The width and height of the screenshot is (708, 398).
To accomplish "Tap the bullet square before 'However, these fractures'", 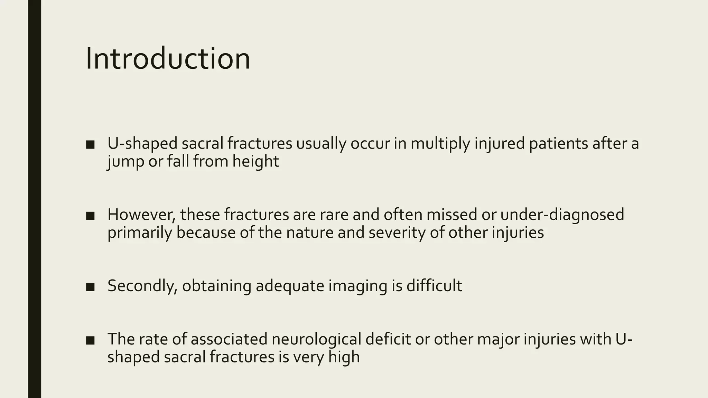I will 90,216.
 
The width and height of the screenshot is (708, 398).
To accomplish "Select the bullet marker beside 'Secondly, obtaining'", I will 90,287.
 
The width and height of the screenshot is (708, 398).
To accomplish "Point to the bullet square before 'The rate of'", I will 90,340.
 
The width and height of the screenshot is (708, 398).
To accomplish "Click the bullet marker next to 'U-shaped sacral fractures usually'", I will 90,144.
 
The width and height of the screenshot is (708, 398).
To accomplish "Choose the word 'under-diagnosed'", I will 562,215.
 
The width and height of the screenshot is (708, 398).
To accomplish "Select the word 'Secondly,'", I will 143,286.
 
